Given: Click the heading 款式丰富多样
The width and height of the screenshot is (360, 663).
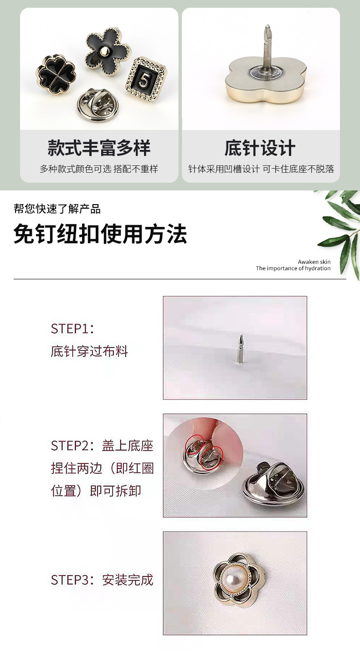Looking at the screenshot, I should pyautogui.click(x=99, y=148).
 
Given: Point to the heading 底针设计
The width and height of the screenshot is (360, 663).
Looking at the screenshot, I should pyautogui.click(x=260, y=148).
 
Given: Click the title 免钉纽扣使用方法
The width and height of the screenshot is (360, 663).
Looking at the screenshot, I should pyautogui.click(x=100, y=235).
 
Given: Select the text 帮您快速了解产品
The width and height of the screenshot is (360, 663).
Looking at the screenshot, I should pyautogui.click(x=57, y=209).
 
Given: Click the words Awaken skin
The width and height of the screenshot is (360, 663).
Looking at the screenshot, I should pyautogui.click(x=314, y=262).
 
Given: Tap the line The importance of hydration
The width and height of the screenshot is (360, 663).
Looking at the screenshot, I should pyautogui.click(x=293, y=268).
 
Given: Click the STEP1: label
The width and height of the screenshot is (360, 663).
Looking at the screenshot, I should pyautogui.click(x=72, y=329).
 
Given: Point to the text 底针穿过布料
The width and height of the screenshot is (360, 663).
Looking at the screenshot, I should pyautogui.click(x=89, y=351).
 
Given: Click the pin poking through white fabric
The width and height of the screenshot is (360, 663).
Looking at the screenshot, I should pyautogui.click(x=240, y=349).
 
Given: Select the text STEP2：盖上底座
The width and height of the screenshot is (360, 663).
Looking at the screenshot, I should pyautogui.click(x=102, y=446).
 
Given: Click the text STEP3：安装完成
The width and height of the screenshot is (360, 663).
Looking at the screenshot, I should pyautogui.click(x=102, y=580).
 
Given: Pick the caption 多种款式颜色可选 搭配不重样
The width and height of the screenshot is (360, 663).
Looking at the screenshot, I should pyautogui.click(x=99, y=169).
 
